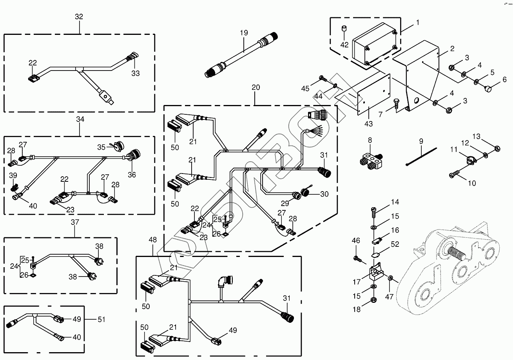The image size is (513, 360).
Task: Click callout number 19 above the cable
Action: pyautogui.click(x=244, y=33)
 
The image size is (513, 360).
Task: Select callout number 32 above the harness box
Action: pyautogui.click(x=79, y=16)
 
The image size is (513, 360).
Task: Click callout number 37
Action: pyautogui.click(x=75, y=222)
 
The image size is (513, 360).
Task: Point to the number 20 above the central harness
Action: pyautogui.click(x=255, y=88)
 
